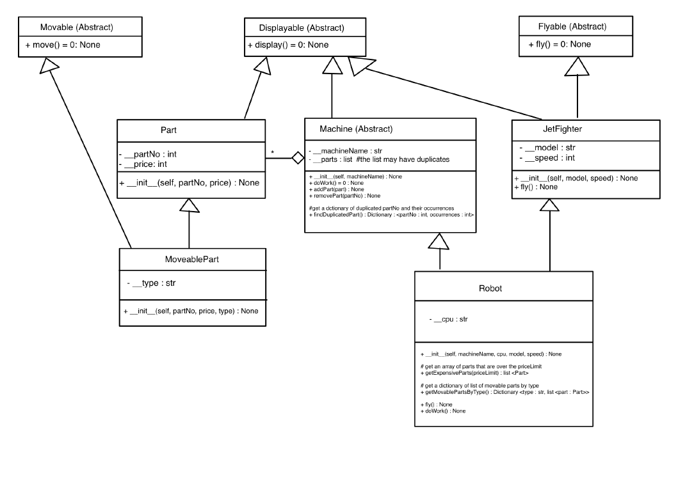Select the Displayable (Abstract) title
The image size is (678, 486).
click(302, 27)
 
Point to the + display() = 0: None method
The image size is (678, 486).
click(288, 45)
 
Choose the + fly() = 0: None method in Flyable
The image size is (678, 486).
click(560, 44)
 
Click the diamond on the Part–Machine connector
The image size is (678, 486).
click(298, 158)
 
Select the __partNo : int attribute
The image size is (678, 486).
click(150, 154)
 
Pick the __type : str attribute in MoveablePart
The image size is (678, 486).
click(151, 282)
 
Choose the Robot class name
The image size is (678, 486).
click(490, 288)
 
